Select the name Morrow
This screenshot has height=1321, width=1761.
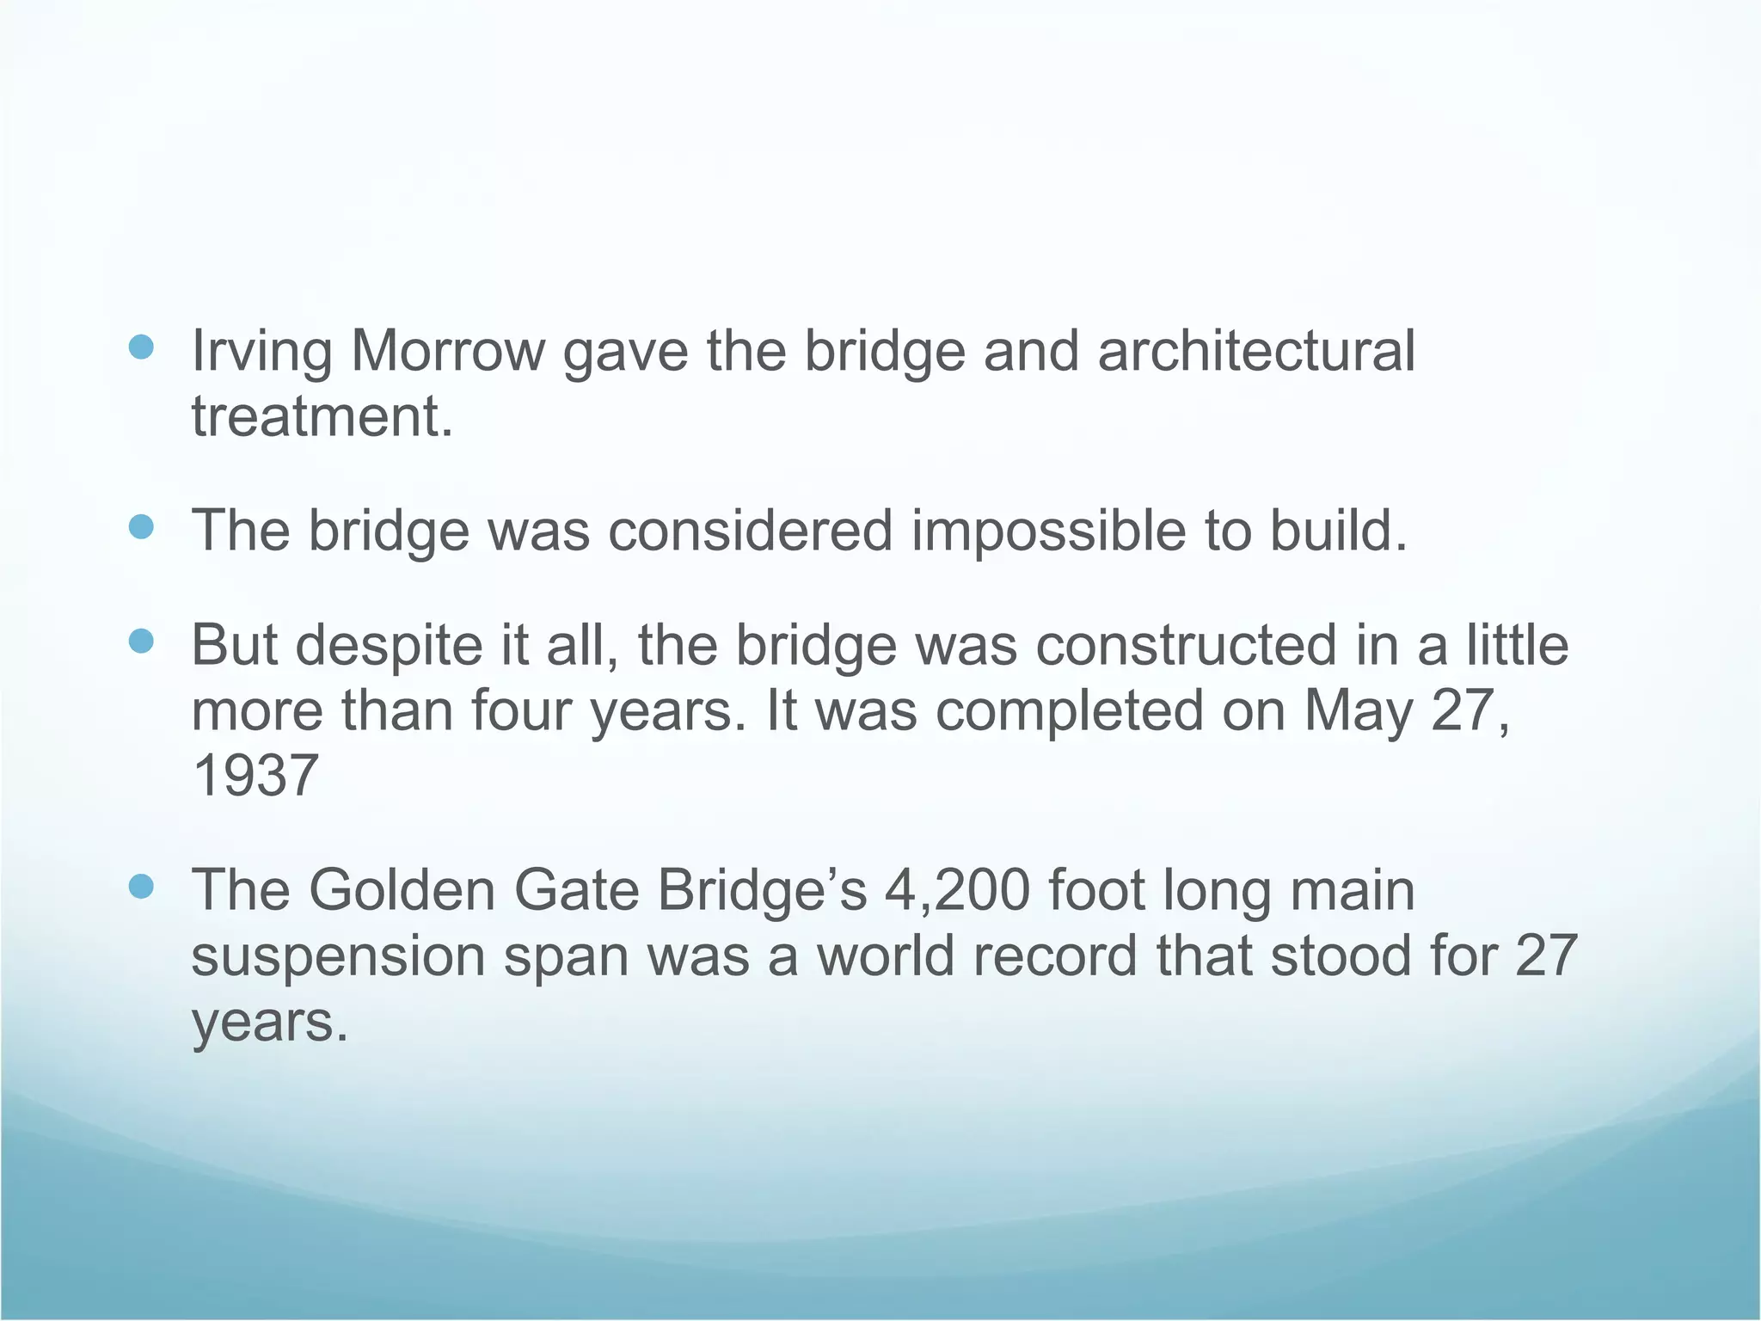tap(448, 352)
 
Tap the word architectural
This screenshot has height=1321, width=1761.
tap(1255, 352)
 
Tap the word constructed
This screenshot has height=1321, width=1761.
tap(1187, 646)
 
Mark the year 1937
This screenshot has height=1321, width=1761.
tap(255, 776)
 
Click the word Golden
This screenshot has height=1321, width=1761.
tap(402, 890)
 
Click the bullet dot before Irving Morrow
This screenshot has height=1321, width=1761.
tap(140, 347)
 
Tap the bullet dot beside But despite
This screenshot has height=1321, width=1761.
tap(140, 642)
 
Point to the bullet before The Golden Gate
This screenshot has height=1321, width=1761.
tap(140, 886)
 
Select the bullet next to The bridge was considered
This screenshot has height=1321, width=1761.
tap(140, 526)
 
